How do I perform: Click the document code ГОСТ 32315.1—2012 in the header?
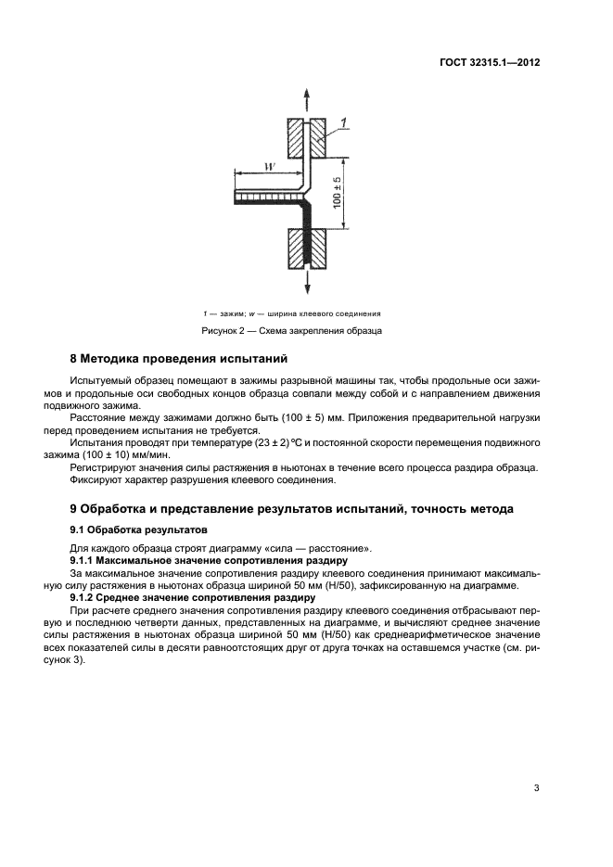pyautogui.click(x=490, y=64)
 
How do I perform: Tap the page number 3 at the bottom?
pyautogui.click(x=537, y=788)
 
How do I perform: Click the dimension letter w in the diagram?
pyautogui.click(x=268, y=167)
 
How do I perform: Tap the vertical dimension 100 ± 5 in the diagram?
pyautogui.click(x=338, y=192)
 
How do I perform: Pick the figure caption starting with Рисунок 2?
pyautogui.click(x=292, y=330)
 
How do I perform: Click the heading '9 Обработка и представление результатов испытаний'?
pyautogui.click(x=291, y=509)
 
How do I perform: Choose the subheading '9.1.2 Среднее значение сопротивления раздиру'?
pyautogui.click(x=198, y=598)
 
